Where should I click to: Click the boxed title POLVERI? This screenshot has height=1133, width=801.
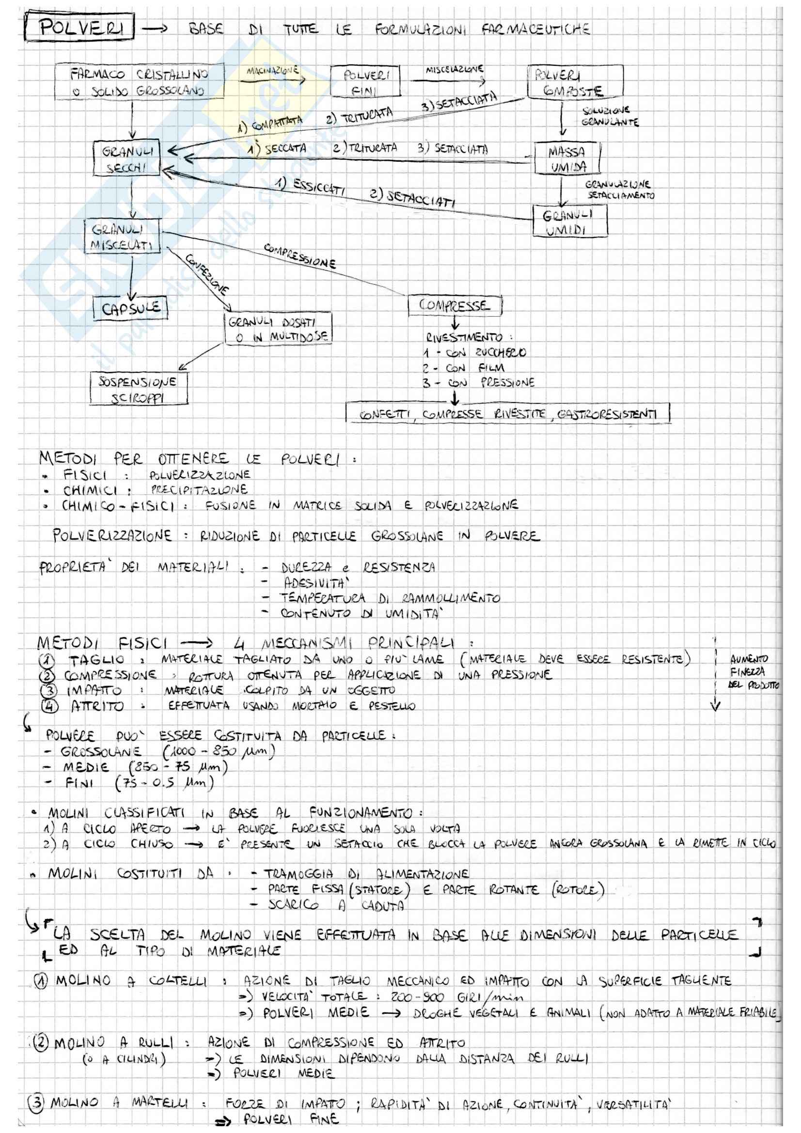click(x=82, y=28)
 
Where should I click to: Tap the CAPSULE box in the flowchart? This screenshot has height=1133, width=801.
click(x=130, y=309)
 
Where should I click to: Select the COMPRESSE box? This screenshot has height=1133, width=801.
click(x=454, y=306)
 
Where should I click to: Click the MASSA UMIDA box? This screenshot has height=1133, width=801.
click(x=566, y=159)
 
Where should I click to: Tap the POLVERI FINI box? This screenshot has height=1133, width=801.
click(x=365, y=82)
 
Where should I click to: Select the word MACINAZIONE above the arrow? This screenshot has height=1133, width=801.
click(x=273, y=71)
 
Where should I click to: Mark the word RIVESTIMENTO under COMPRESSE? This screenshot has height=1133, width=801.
click(x=464, y=338)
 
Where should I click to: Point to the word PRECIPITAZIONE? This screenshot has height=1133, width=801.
click(x=197, y=490)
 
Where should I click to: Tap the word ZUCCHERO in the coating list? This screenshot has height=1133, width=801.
click(x=501, y=352)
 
